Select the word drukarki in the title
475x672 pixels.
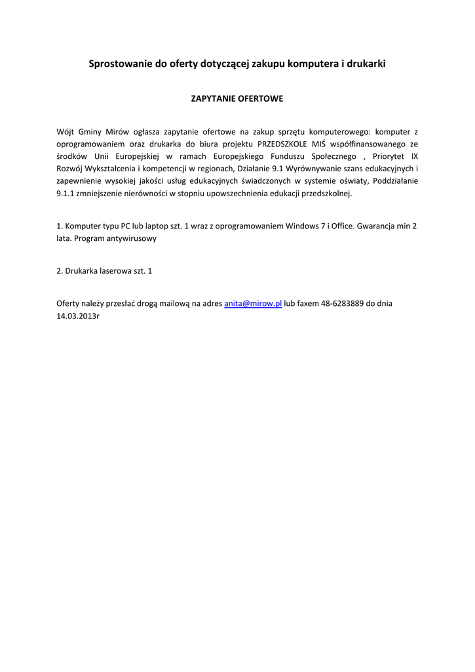[x=367, y=64]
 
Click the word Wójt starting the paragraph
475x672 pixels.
[x=66, y=132]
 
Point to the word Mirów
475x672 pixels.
[x=115, y=132]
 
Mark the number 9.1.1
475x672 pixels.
[x=66, y=194]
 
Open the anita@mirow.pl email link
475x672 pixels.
[x=253, y=303]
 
